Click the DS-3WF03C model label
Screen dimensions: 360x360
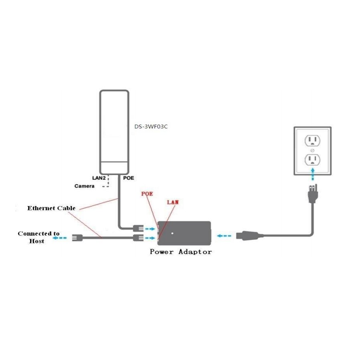(151, 127)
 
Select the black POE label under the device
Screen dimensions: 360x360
(129, 178)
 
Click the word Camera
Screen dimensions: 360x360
(85, 186)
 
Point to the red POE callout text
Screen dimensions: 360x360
(147, 194)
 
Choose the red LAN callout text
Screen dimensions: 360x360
(172, 202)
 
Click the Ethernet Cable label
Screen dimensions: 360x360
(51, 208)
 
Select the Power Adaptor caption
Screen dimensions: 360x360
(181, 252)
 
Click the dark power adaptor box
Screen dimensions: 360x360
(184, 233)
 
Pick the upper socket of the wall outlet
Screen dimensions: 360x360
(312, 140)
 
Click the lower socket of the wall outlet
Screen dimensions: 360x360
(312, 160)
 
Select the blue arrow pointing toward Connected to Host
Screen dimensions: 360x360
(61, 238)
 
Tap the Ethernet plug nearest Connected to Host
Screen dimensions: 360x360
(77, 238)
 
